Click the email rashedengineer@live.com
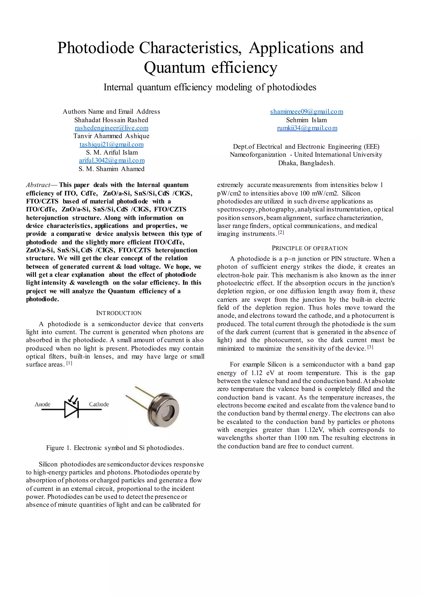pyautogui.click(x=111, y=128)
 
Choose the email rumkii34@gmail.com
pyautogui.click(x=307, y=128)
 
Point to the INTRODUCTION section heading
pyautogui.click(x=119, y=313)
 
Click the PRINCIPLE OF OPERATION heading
pyautogui.click(x=310, y=248)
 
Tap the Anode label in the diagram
pyautogui.click(x=43, y=404)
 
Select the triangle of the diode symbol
pyautogui.click(x=71, y=410)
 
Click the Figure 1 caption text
pyautogui.click(x=115, y=448)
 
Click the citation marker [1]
pyautogui.click(x=69, y=363)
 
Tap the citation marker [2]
pyautogui.click(x=281, y=233)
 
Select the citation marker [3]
pyautogui.click(x=370, y=347)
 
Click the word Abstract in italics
pyautogui.click(x=38, y=185)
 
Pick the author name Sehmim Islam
pyautogui.click(x=306, y=120)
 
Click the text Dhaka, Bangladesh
pyautogui.click(x=306, y=163)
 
